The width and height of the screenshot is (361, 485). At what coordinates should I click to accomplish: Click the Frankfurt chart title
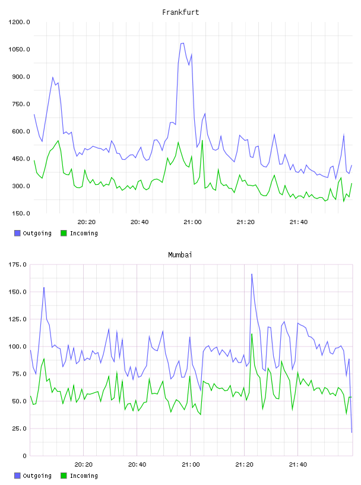[180, 12]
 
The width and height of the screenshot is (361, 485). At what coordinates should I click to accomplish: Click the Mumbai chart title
[180, 254]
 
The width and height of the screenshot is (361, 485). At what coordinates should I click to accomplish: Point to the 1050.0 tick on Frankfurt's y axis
[19, 49]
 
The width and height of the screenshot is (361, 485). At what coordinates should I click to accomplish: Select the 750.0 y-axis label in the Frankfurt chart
[21, 104]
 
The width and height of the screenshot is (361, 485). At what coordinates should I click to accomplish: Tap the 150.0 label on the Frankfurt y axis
[21, 213]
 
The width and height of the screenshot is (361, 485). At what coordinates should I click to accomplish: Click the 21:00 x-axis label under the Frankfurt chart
[192, 222]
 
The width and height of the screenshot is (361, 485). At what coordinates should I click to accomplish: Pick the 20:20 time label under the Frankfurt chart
[86, 222]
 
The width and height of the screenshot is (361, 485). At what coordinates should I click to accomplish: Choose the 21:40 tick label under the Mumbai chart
[298, 464]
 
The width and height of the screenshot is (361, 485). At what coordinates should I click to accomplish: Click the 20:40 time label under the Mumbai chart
[137, 464]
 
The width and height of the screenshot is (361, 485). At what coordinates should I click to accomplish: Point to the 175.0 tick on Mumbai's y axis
[18, 264]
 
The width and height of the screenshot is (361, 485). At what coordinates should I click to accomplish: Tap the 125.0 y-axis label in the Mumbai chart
[18, 319]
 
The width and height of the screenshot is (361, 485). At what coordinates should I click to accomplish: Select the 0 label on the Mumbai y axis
[25, 456]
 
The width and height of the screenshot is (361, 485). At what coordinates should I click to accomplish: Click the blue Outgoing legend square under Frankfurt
[17, 233]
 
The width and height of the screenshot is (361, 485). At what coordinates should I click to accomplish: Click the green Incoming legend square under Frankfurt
[64, 233]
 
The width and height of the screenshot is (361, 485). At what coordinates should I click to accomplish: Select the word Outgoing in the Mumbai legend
[37, 475]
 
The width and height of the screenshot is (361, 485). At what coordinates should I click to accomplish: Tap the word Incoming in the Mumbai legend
[84, 475]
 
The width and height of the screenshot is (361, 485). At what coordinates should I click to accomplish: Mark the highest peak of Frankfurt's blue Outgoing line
[183, 43]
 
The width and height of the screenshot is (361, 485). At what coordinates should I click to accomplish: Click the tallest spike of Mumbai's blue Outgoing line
[252, 274]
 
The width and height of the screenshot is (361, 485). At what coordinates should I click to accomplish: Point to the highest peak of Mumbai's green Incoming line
[252, 334]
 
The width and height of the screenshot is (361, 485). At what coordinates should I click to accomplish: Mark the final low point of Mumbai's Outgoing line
[351, 432]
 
